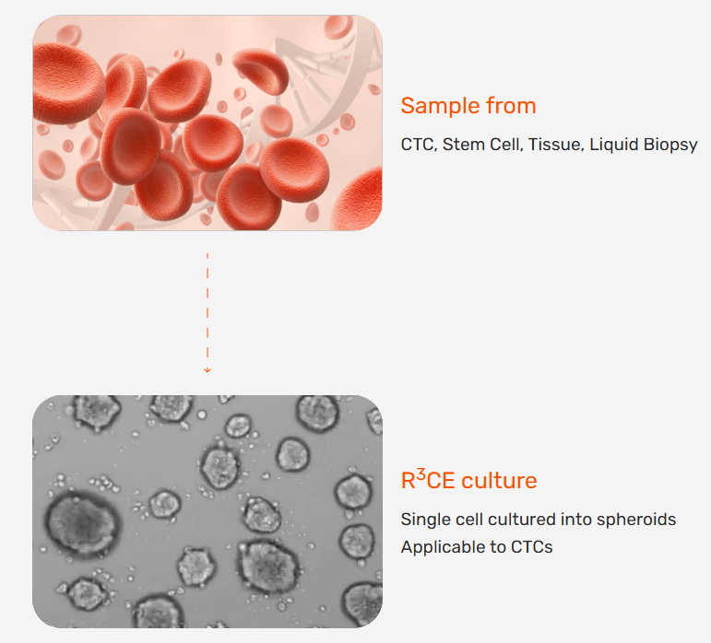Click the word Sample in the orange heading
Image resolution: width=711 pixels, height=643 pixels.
(440, 106)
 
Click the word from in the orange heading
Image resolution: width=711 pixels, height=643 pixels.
(511, 106)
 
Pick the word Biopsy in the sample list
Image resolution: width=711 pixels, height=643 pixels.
(670, 145)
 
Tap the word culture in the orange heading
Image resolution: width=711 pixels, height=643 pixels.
(499, 481)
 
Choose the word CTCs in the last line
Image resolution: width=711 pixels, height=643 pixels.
(531, 547)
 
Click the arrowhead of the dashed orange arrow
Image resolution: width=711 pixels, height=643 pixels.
(207, 370)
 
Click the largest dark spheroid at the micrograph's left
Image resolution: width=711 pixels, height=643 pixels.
(82, 523)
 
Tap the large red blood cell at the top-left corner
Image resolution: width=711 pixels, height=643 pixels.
(68, 83)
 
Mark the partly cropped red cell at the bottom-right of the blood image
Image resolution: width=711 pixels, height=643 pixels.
(358, 199)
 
